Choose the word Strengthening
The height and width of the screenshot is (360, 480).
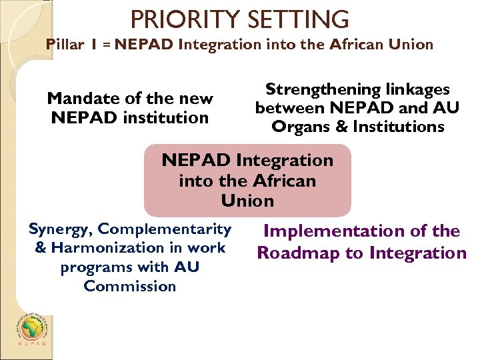click(x=320, y=89)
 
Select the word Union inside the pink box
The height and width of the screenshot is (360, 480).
click(x=247, y=200)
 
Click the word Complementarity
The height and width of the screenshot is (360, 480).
click(x=164, y=229)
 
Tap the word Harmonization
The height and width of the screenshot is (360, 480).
click(x=109, y=248)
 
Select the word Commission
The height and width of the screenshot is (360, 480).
click(x=130, y=286)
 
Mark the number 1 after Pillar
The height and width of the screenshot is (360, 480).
click(x=96, y=45)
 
